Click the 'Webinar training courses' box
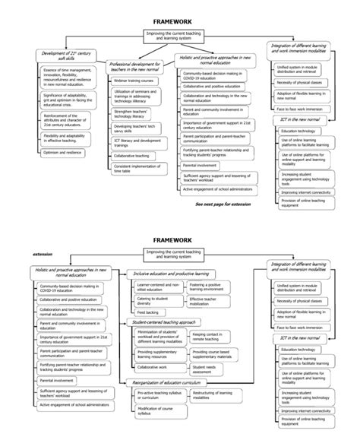(x=137, y=100)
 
